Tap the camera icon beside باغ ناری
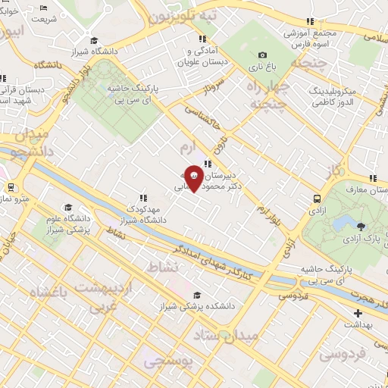(x=262, y=55)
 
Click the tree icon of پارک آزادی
(x=361, y=226)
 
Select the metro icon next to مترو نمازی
(x=11, y=187)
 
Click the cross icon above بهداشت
(x=358, y=312)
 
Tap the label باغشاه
(x=48, y=292)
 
